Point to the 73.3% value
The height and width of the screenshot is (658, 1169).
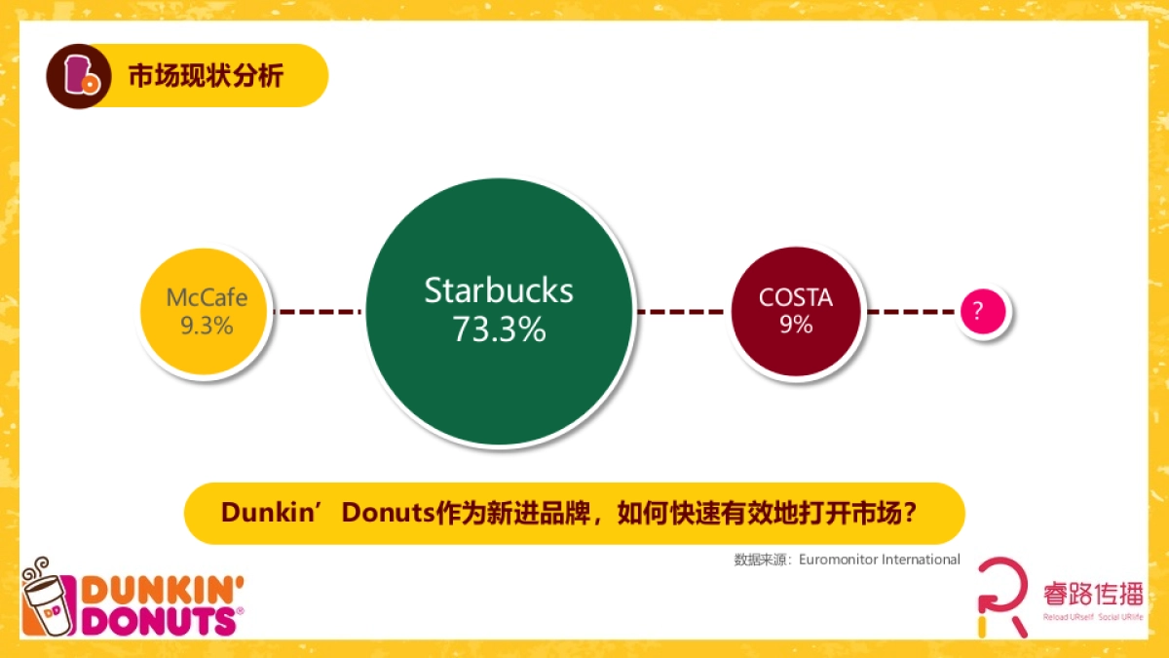pos(499,329)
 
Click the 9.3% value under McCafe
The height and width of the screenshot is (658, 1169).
pos(207,326)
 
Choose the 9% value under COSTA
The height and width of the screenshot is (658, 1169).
pos(796,325)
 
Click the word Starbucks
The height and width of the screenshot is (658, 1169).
pos(499,290)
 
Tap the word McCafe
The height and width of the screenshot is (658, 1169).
pos(207,297)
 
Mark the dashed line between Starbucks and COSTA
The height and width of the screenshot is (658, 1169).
pos(681,312)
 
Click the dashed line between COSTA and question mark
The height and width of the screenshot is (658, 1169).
pos(911,312)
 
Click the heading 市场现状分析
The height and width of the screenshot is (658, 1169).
pos(206,76)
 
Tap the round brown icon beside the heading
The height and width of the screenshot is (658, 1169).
pos(75,76)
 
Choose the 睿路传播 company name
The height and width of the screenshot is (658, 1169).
pos(1091,592)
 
